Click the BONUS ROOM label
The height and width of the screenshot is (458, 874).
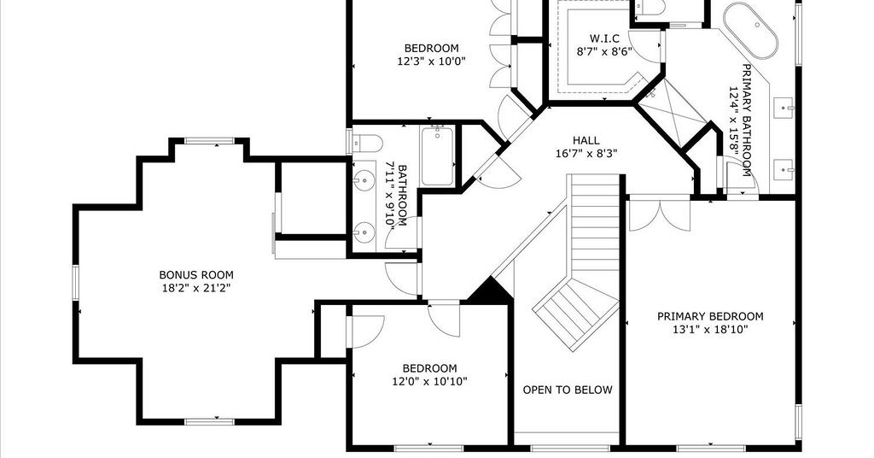point(196,275)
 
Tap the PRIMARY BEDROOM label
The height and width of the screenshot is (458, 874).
point(710,316)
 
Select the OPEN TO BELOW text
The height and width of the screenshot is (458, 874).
point(568,390)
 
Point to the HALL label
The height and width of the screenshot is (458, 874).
point(586,141)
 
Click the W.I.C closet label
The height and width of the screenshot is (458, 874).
point(605,38)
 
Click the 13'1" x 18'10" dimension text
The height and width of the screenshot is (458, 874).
point(710,330)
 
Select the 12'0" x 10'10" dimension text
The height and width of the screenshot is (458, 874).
point(430,382)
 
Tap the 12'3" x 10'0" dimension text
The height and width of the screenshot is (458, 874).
point(431,62)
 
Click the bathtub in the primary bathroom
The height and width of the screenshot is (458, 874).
point(751,30)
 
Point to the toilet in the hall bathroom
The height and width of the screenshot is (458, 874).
point(369,144)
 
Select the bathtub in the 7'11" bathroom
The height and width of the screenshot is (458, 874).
point(438,156)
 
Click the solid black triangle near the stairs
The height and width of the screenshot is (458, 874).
point(489,291)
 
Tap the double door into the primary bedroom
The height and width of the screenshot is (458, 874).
point(660,214)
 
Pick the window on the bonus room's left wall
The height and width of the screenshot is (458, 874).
point(75,283)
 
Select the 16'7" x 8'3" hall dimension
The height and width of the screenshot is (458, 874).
point(586,154)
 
